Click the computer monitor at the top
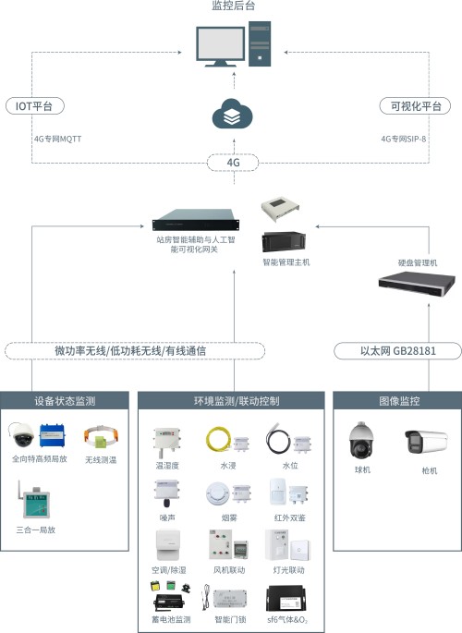click(220, 46)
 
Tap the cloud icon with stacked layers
click(233, 114)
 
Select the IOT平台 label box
click(35, 105)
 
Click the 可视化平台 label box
click(415, 105)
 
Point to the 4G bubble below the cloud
click(233, 163)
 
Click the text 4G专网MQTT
click(57, 139)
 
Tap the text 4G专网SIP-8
click(404, 139)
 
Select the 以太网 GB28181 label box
click(398, 350)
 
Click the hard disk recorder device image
click(417, 284)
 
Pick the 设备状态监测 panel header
click(65, 400)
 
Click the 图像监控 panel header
click(397, 400)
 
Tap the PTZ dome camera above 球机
click(361, 442)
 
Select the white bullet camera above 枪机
click(427, 441)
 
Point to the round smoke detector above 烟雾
click(218, 493)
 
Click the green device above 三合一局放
click(35, 502)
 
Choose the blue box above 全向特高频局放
click(52, 435)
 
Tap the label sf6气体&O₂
click(287, 619)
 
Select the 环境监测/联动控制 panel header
click(231, 400)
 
